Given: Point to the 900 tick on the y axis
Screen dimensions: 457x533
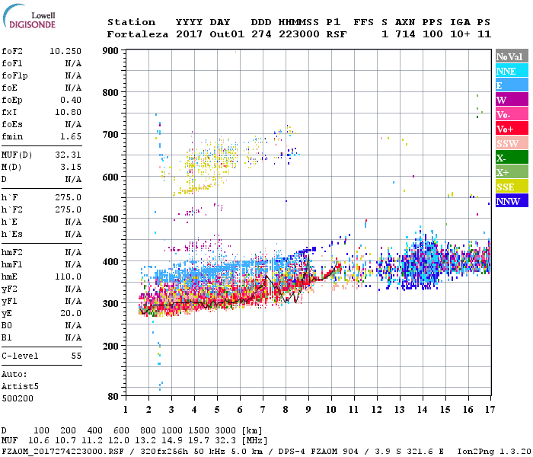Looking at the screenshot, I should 110,50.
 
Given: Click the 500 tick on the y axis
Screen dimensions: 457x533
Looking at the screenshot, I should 110,219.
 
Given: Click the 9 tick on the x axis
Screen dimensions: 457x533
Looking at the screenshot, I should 308,409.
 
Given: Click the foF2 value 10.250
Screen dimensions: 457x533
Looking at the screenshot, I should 65,51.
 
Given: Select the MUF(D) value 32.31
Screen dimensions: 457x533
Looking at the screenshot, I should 69,155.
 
